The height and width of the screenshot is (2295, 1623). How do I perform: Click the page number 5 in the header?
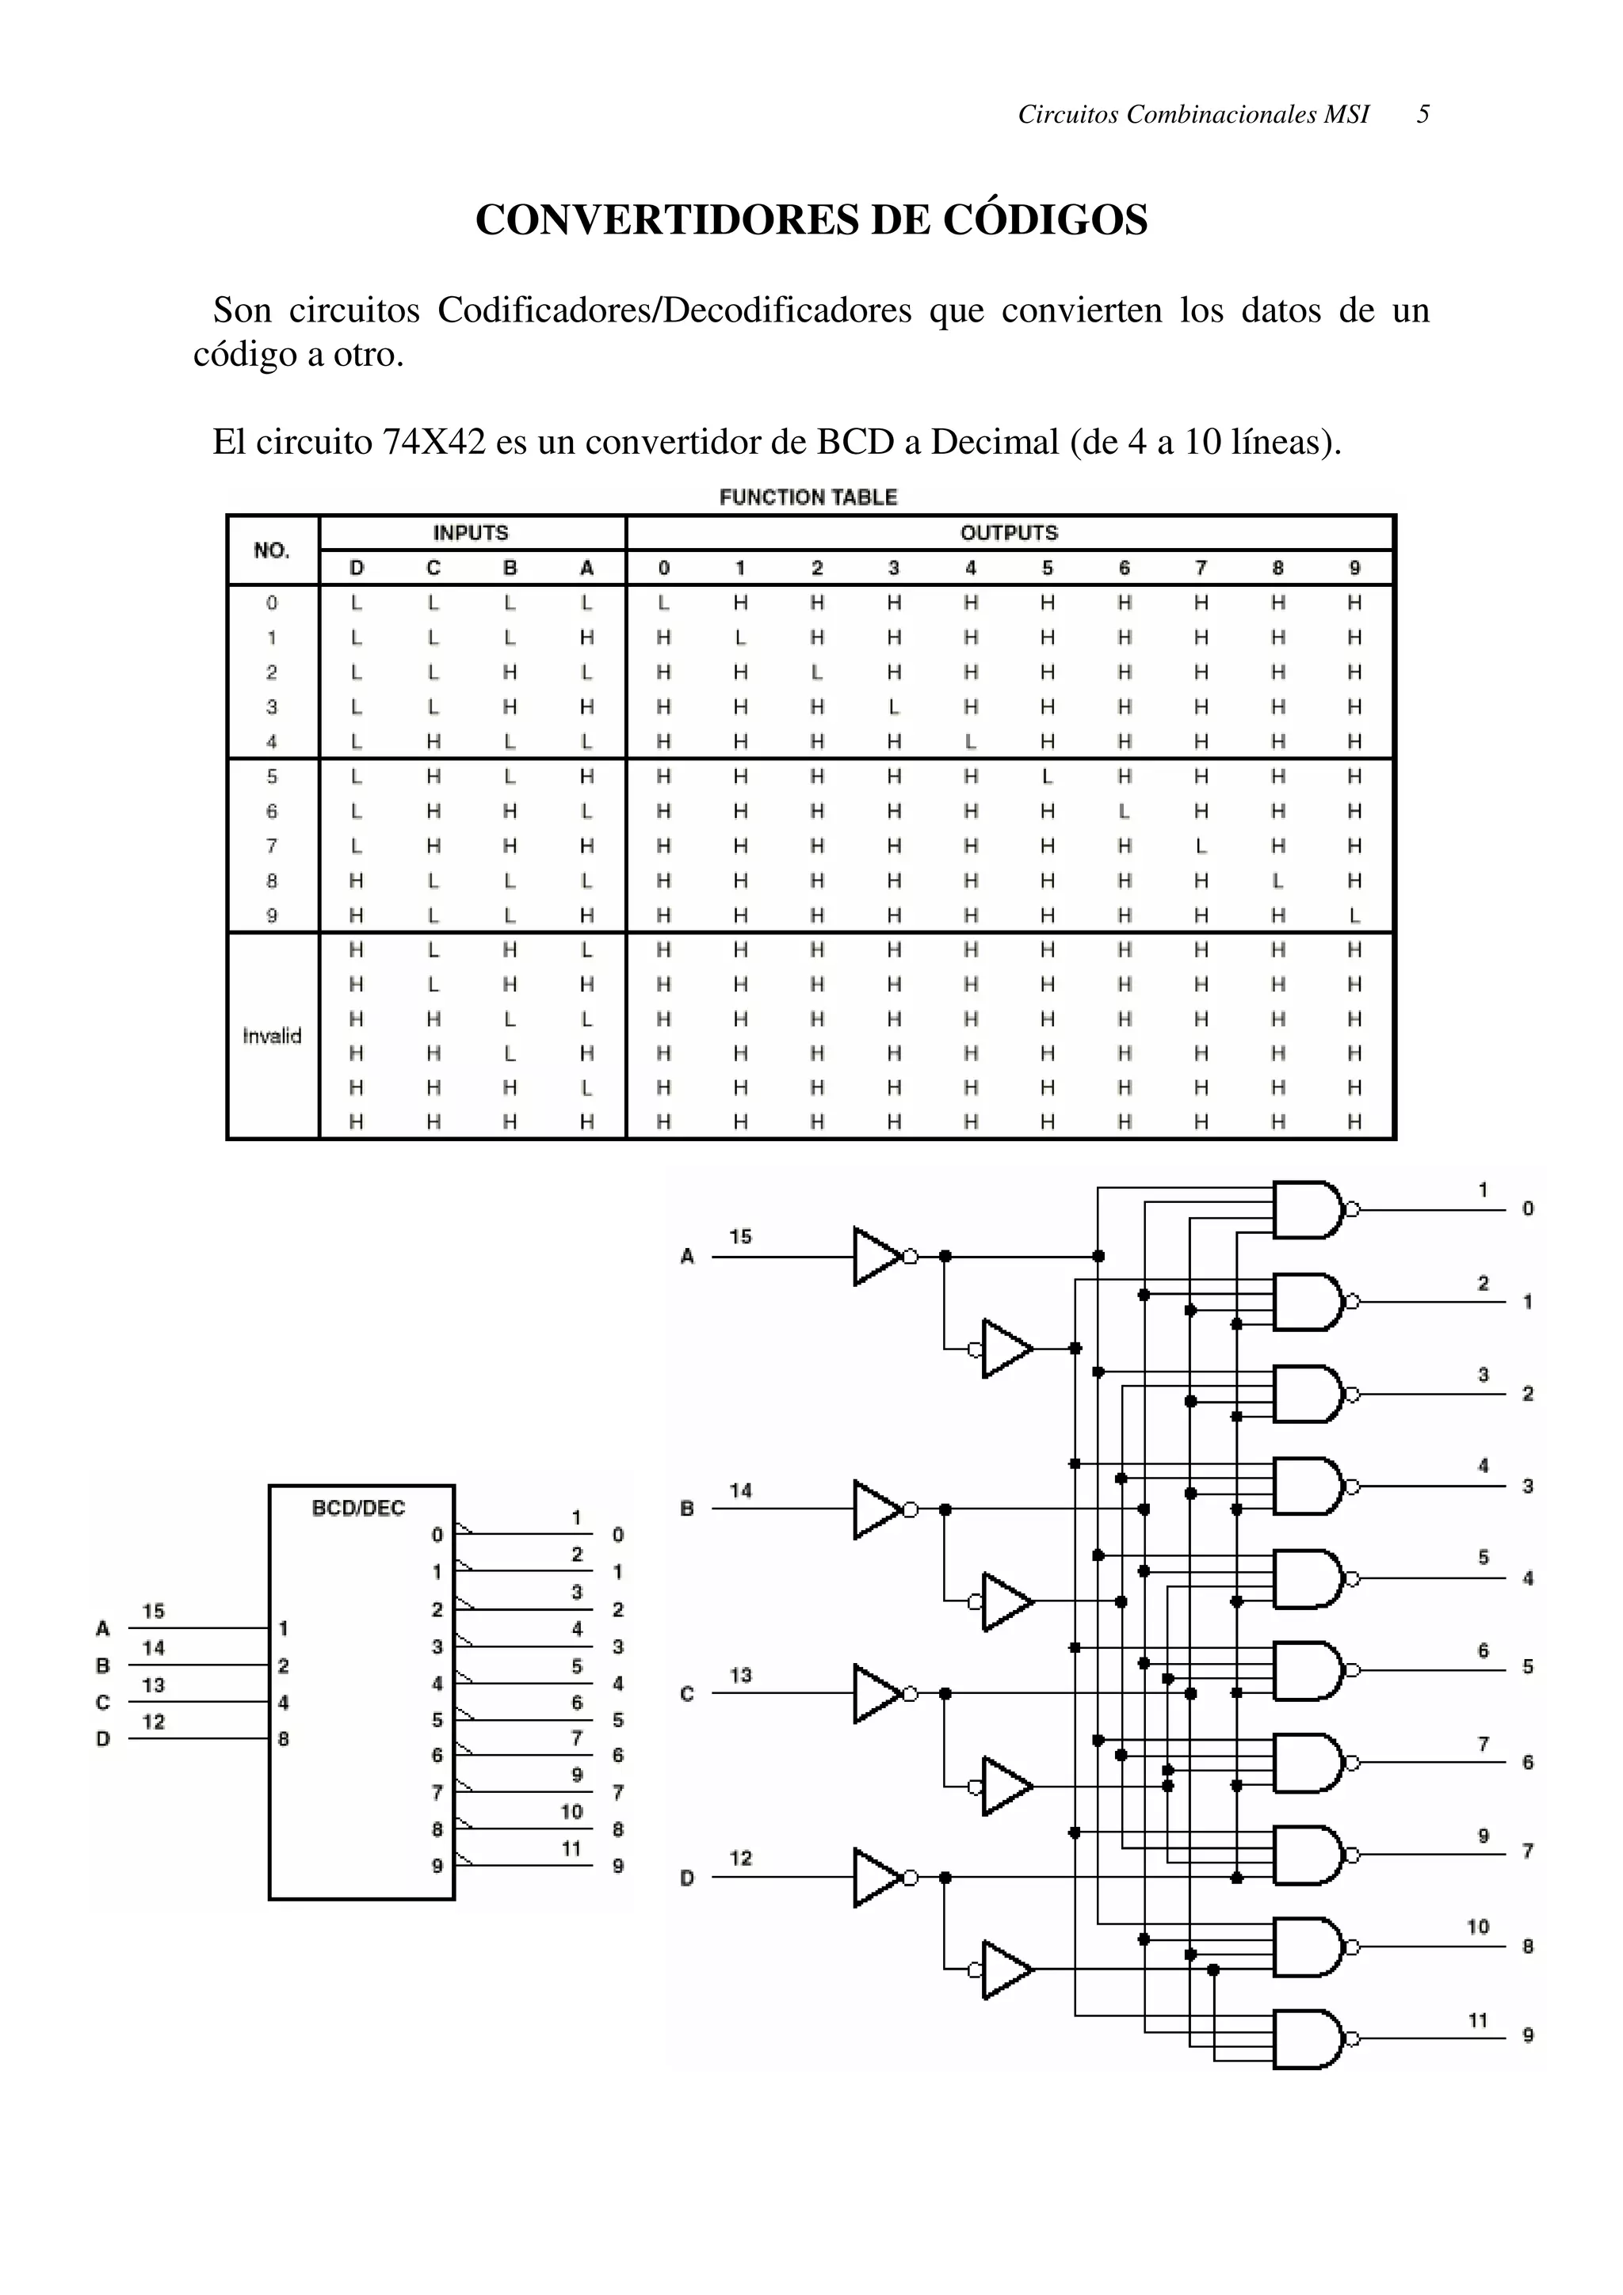click(1423, 115)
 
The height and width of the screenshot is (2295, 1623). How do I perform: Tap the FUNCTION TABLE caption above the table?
click(808, 497)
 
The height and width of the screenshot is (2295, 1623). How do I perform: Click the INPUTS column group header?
click(470, 533)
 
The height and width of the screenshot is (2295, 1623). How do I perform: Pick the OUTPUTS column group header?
click(1008, 533)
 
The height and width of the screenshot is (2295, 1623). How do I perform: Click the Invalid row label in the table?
click(272, 1036)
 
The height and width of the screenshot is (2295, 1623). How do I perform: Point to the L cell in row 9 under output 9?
click(1354, 915)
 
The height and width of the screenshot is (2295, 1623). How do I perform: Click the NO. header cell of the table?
click(272, 550)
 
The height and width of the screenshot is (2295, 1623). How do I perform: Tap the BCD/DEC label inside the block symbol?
click(359, 1507)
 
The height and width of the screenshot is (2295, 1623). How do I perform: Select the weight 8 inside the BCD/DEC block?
click(284, 1738)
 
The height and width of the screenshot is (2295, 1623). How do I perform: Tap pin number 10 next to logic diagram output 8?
click(1478, 1926)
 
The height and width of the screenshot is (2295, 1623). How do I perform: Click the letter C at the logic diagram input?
click(687, 1693)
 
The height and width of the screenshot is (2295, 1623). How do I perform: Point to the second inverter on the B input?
click(1006, 1601)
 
